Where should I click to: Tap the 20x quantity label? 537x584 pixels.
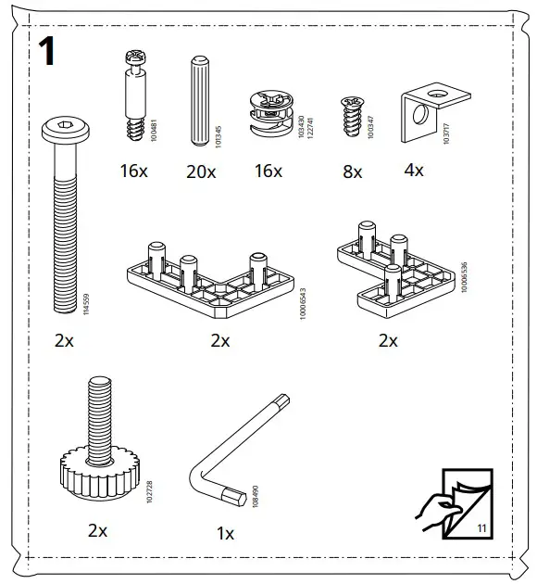pyautogui.click(x=200, y=171)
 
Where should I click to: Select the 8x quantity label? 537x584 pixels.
pyautogui.click(x=353, y=171)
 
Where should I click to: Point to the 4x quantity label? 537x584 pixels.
pyautogui.click(x=414, y=171)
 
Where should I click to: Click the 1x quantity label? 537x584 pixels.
pyautogui.click(x=225, y=534)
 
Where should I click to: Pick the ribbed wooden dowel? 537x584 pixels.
pyautogui.click(x=198, y=101)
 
